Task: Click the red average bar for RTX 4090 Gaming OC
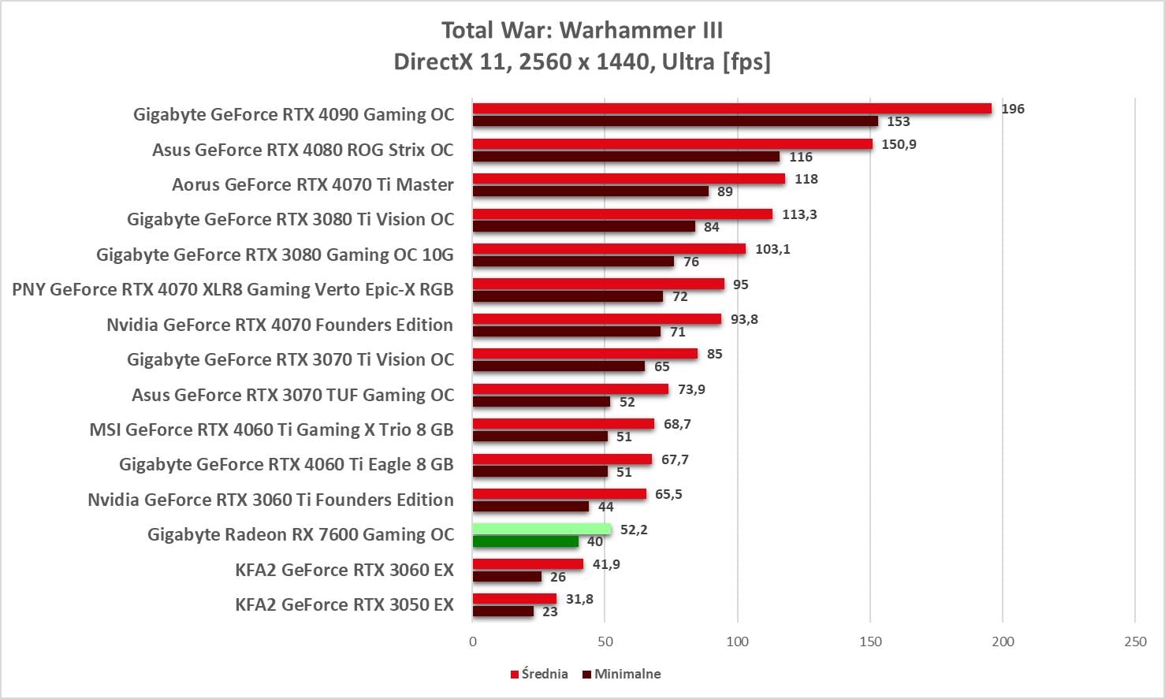point(731,109)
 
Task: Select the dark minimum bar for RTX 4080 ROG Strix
point(626,157)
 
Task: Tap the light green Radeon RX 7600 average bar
point(542,530)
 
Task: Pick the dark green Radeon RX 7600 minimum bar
point(525,541)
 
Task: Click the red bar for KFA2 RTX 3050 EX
point(514,599)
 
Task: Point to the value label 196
point(1012,109)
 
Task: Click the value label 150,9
point(899,144)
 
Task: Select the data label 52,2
point(634,530)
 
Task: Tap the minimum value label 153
point(898,121)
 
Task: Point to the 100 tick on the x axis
point(737,641)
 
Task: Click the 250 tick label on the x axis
point(1135,641)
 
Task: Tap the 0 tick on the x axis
point(473,641)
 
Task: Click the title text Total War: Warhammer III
point(582,30)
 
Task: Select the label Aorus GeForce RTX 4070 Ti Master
point(313,184)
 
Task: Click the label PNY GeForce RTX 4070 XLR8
point(233,289)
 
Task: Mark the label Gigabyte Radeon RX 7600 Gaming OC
point(300,534)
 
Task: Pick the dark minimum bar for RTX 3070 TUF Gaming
point(541,402)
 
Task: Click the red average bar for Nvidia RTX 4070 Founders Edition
point(597,319)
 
